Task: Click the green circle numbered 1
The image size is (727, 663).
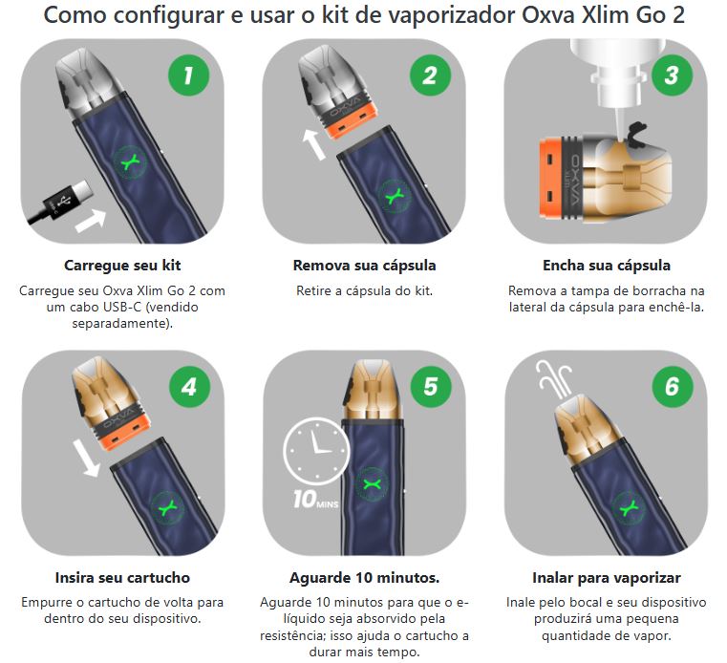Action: [188, 75]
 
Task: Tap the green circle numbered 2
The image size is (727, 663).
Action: [430, 75]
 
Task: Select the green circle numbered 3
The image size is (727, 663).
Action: [672, 75]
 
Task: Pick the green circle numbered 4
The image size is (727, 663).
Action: [189, 387]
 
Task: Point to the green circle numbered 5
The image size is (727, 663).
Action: [431, 387]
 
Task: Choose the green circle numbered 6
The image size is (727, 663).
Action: [673, 387]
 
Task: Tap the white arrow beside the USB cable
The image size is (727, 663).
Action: [91, 220]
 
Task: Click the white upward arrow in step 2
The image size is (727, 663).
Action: [314, 144]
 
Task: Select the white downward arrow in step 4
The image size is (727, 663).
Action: [87, 459]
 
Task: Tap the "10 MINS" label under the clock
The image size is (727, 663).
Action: [316, 500]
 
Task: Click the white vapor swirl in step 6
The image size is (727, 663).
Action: [554, 379]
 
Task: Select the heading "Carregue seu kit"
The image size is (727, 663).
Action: [122, 266]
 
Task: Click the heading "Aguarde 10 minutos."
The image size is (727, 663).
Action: [364, 578]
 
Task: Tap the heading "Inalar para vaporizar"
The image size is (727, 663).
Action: [607, 578]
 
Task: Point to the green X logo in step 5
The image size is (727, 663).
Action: [372, 485]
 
